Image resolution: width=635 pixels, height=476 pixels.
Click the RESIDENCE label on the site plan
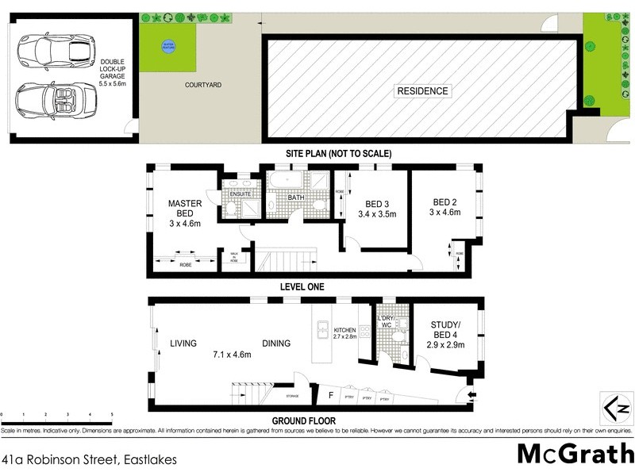click(422, 90)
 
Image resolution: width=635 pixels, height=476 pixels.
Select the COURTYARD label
click(202, 84)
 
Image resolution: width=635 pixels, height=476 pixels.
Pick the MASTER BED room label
click(185, 208)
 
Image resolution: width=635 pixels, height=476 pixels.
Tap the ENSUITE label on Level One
click(240, 194)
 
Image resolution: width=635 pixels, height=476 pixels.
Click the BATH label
click(296, 198)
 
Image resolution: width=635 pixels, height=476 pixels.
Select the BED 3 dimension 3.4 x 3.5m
click(376, 214)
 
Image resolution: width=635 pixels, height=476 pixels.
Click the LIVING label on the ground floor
click(183, 344)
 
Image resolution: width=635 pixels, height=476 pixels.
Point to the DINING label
click(276, 344)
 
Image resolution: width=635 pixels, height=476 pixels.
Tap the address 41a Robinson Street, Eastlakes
click(88, 459)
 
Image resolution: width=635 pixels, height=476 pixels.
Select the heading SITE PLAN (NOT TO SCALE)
click(340, 153)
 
